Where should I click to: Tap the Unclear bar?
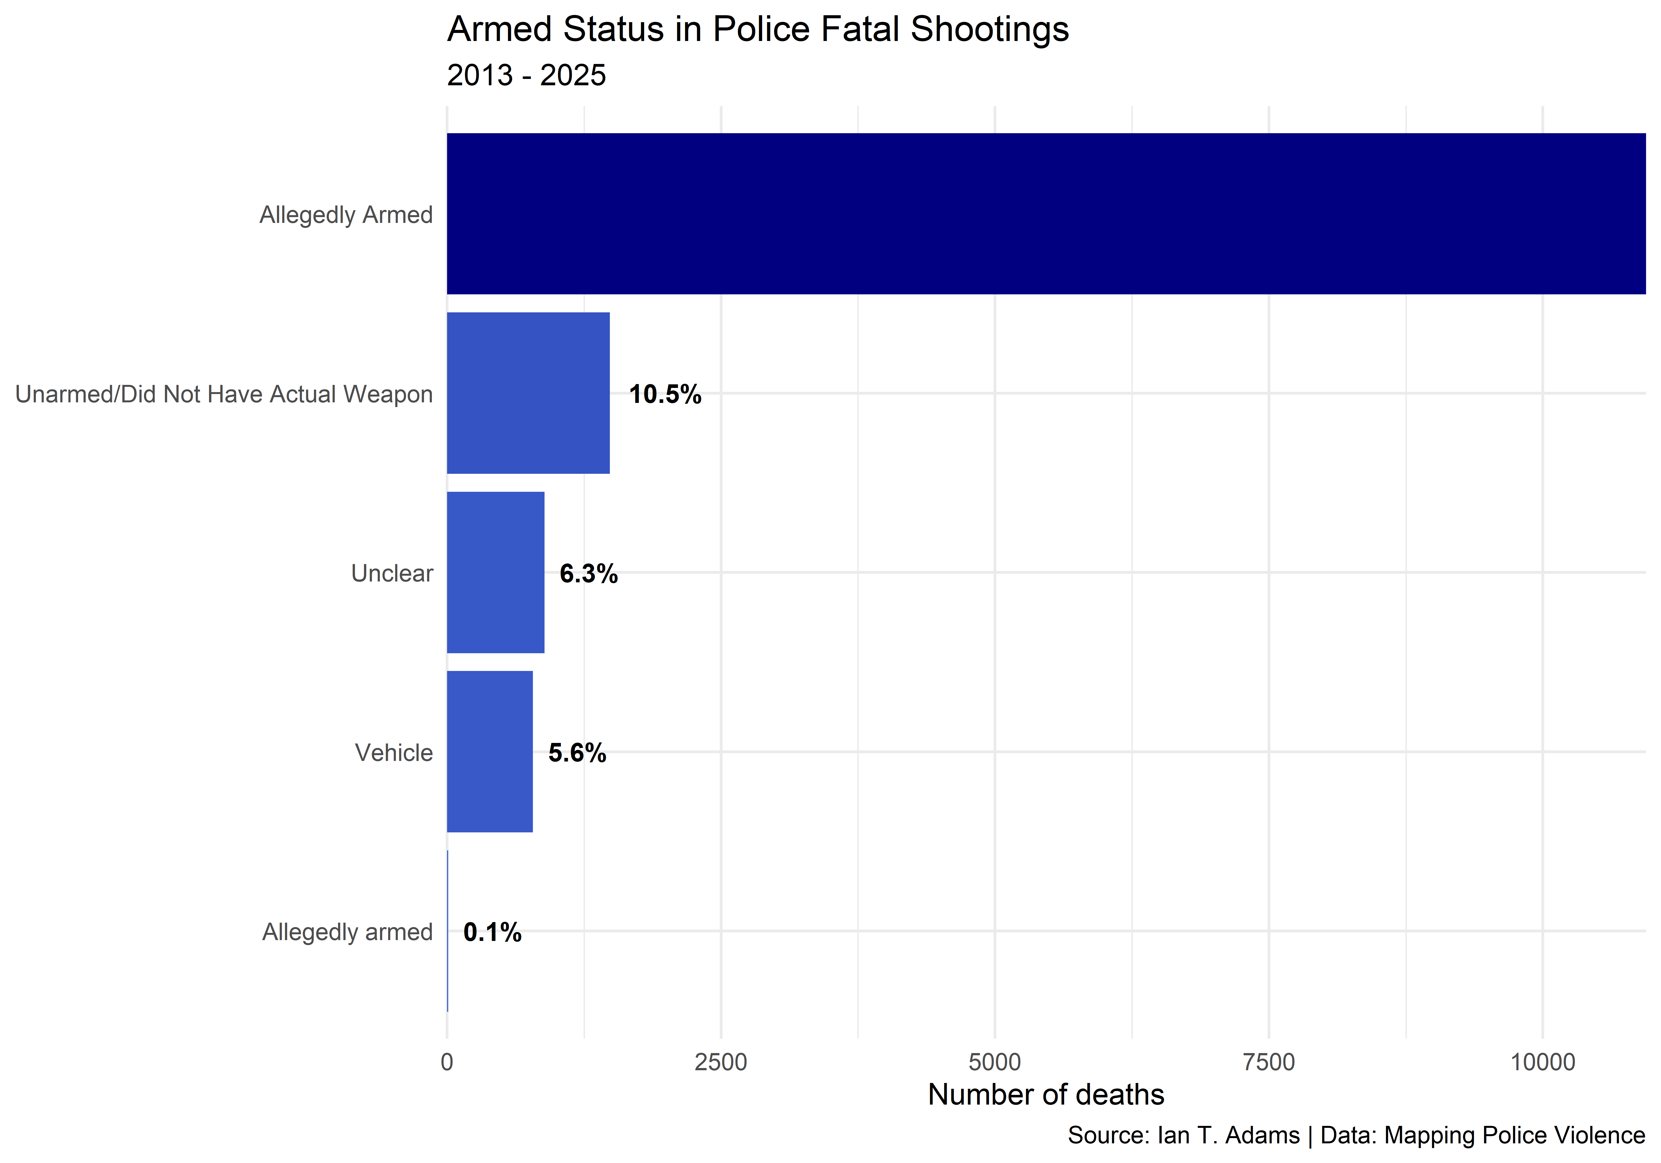click(x=496, y=572)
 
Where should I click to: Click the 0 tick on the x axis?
click(x=447, y=1062)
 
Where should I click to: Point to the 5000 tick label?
click(x=995, y=1062)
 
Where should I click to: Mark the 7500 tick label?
click(x=1269, y=1062)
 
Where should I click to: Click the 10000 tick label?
click(x=1543, y=1062)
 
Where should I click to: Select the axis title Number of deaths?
click(x=1046, y=1095)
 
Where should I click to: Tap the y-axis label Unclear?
click(x=392, y=573)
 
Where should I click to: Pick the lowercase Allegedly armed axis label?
click(x=347, y=932)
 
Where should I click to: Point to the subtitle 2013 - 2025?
click(x=527, y=75)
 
